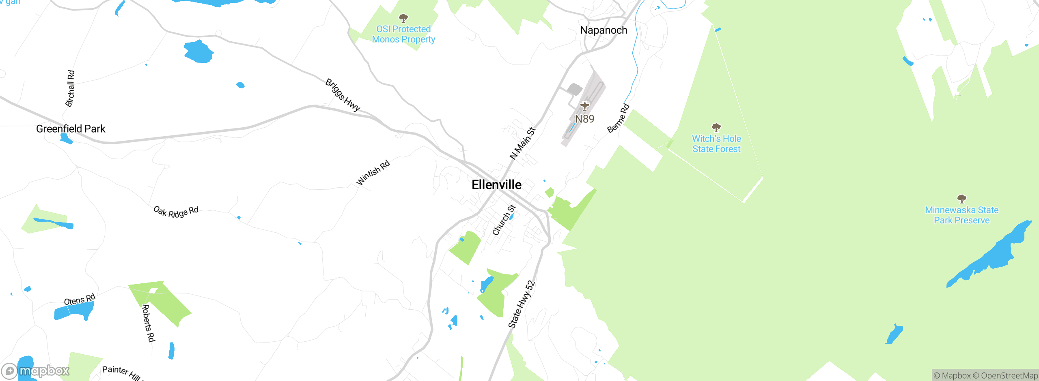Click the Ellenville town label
tap(496, 185)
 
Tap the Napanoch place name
tap(604, 30)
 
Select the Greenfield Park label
tap(71, 129)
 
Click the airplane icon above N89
tap(584, 106)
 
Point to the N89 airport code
tap(584, 119)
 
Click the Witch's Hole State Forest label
tap(716, 144)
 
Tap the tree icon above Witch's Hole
tap(716, 128)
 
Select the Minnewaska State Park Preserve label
tap(961, 215)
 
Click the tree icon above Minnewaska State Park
tap(961, 199)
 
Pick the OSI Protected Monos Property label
tap(403, 34)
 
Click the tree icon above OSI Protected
tap(403, 18)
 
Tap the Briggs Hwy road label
tap(343, 95)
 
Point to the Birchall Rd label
tap(70, 88)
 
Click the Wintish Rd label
tap(373, 173)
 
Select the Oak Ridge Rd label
tap(176, 212)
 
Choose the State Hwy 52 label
tap(522, 304)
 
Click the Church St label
tap(504, 220)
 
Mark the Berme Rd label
tap(618, 118)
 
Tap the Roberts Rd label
tap(148, 323)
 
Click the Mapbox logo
tap(36, 370)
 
